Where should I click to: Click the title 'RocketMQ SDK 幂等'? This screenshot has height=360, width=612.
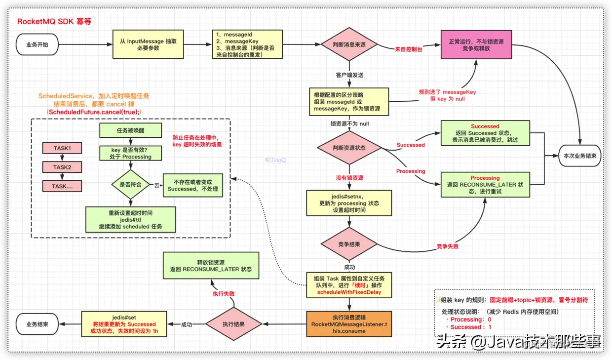[54, 22]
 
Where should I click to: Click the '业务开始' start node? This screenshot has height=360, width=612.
[38, 44]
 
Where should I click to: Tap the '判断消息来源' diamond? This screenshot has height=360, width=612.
[349, 44]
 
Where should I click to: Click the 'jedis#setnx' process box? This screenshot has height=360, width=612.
[349, 203]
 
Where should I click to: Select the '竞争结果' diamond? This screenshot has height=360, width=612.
[349, 244]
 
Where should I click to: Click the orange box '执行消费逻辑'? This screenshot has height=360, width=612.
[349, 324]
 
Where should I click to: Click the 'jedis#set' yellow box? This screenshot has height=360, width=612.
[124, 324]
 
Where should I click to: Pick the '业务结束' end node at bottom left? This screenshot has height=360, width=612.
[38, 324]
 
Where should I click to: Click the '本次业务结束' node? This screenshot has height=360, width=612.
[579, 156]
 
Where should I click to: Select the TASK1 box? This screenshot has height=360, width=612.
[62, 148]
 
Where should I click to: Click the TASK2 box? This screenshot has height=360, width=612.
[62, 167]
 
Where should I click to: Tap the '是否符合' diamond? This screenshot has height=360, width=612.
[131, 185]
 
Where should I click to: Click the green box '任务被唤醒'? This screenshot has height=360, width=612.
[131, 130]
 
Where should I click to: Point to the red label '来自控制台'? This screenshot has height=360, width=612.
[409, 50]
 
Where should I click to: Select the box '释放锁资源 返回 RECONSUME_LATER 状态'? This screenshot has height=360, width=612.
[211, 265]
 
